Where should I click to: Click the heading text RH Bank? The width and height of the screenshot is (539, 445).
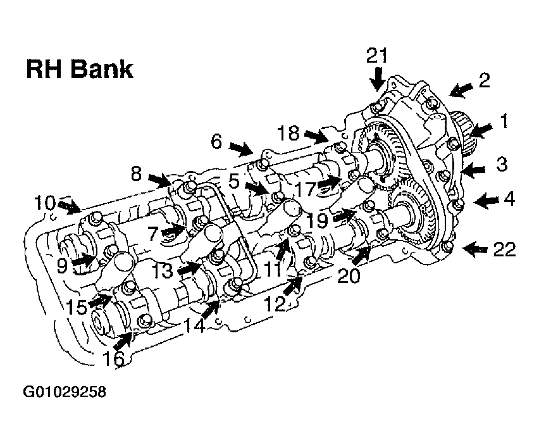80,69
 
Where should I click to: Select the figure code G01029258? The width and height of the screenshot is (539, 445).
65,392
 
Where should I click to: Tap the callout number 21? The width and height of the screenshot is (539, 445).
377,56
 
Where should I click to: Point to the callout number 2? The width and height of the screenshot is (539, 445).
484,80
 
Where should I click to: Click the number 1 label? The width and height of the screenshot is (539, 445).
504,121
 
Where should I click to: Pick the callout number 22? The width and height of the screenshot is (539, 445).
504,249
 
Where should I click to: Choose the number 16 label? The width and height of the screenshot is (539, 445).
113,358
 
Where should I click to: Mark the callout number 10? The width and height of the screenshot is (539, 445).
45,203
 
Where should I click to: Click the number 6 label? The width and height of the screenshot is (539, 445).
216,141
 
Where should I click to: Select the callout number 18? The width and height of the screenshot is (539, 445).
288,133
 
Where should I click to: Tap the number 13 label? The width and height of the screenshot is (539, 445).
162,270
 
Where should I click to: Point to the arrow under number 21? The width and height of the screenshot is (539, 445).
378,79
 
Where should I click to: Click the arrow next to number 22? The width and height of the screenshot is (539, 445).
474,249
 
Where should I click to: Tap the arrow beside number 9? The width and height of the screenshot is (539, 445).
83,260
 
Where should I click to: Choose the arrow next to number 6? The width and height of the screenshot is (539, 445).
241,149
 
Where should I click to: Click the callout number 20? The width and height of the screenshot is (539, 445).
349,275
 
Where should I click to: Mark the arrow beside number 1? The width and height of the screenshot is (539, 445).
480,131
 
